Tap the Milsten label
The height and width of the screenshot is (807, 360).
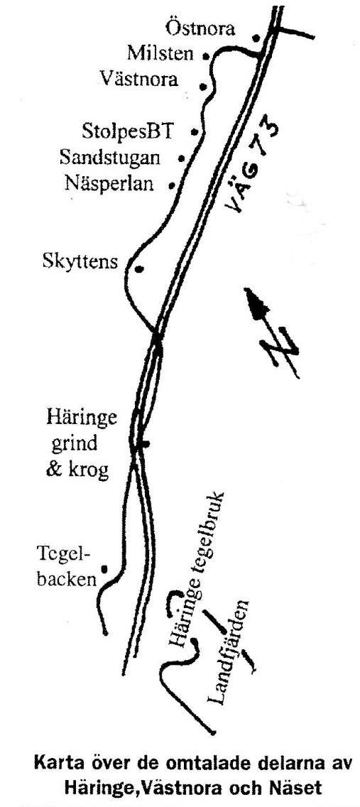click(x=161, y=53)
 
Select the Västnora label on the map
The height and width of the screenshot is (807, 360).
click(x=139, y=79)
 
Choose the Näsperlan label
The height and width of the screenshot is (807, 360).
click(x=109, y=183)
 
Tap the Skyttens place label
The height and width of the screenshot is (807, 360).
click(x=80, y=262)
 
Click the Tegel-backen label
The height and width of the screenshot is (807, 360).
click(x=67, y=567)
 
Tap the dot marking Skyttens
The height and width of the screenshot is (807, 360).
click(x=138, y=269)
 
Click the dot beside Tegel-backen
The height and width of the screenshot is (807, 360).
click(x=104, y=569)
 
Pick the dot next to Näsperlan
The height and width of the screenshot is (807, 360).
click(x=173, y=184)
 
